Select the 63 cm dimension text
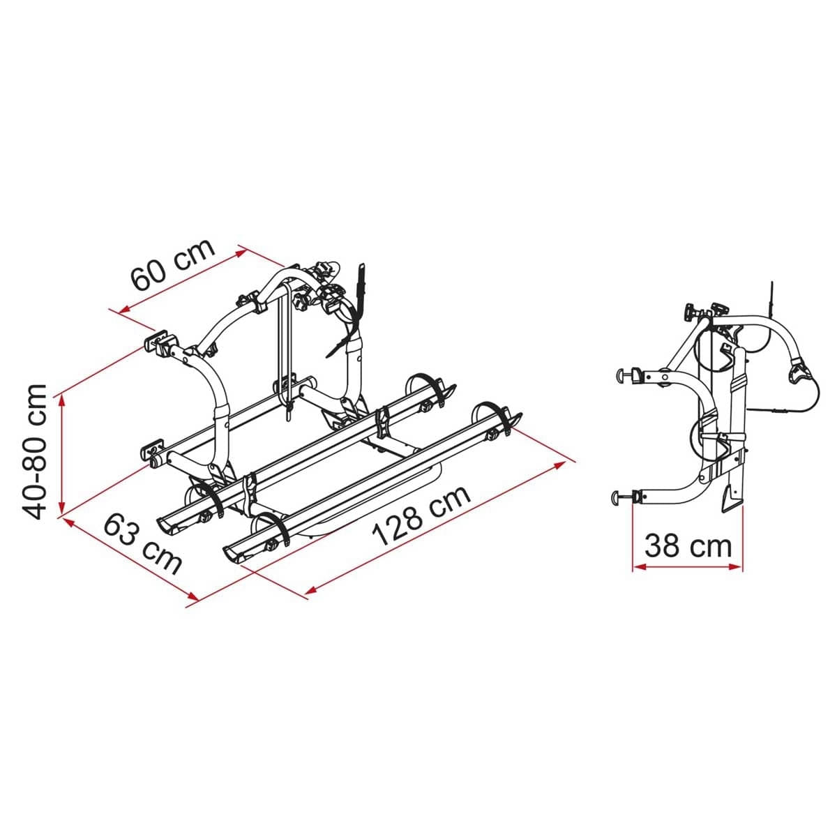coord(143,543)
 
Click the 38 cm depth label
coord(688,545)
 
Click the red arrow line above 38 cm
coord(687,567)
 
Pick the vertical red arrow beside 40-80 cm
coord(63,452)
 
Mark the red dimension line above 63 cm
coord(129,558)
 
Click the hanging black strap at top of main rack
coord(361,279)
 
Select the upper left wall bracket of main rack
coord(158,342)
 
